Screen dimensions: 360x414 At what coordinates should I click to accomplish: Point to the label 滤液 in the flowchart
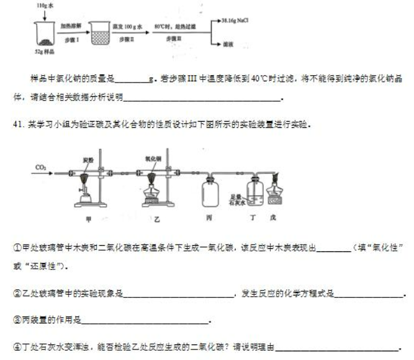[226, 45]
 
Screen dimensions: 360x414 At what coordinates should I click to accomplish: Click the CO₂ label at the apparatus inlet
[42, 168]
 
